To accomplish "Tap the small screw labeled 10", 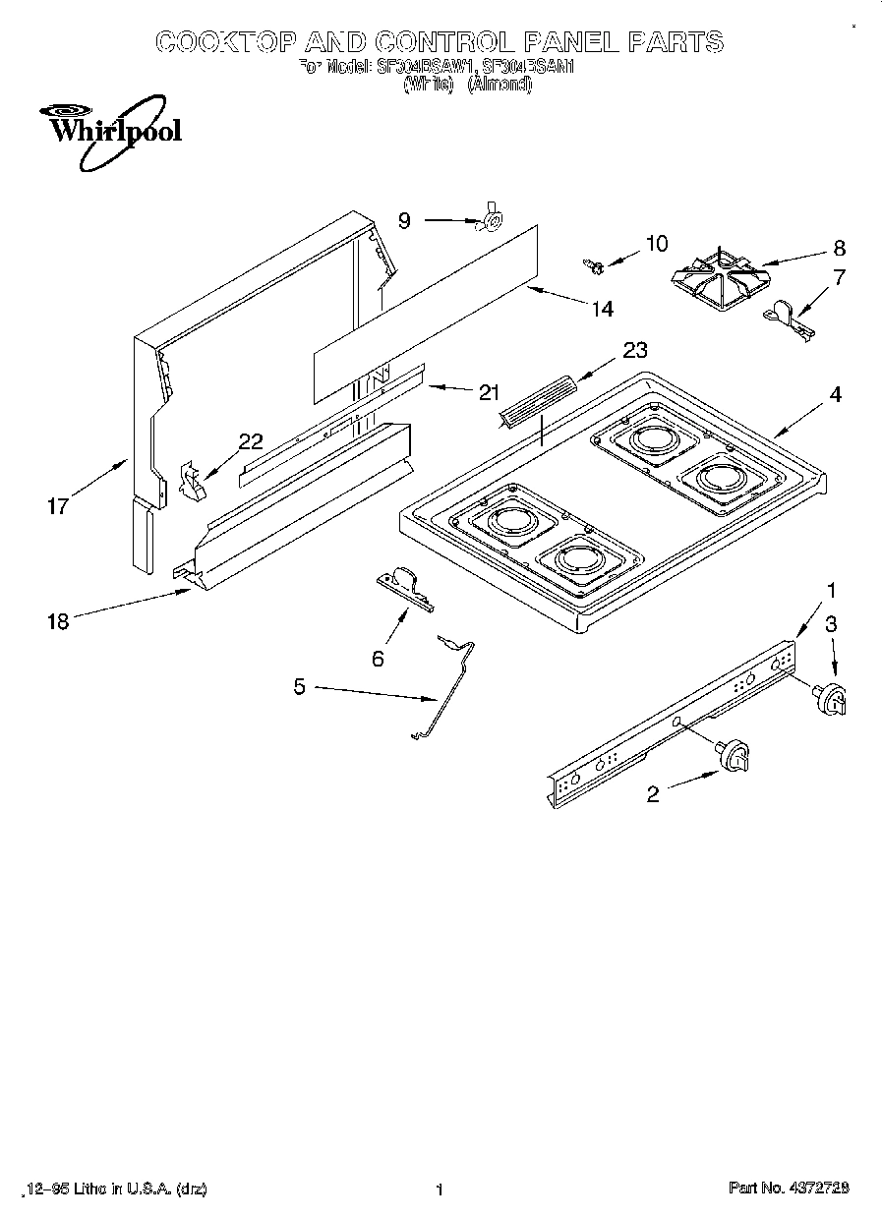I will click(593, 263).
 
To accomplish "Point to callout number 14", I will click(602, 309).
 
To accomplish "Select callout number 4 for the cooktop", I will click(835, 394).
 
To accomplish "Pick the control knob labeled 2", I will click(734, 756).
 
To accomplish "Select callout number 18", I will click(59, 621).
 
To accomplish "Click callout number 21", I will click(489, 392).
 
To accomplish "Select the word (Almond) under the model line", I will click(499, 86).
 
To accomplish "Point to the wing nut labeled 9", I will click(487, 223).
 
